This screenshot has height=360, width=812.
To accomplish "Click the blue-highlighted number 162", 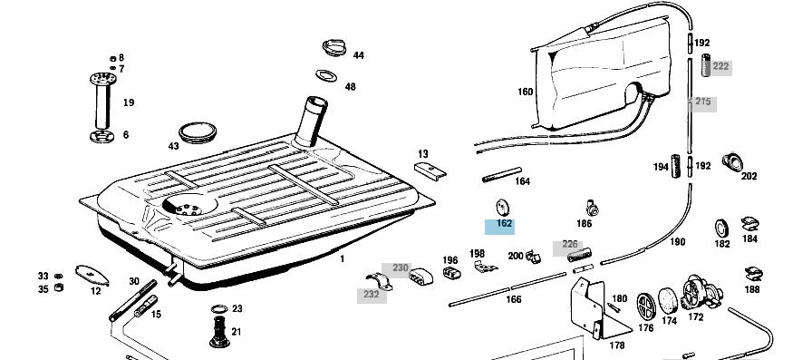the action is pyautogui.click(x=504, y=224).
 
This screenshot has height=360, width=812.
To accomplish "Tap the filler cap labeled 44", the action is pyautogui.click(x=335, y=48).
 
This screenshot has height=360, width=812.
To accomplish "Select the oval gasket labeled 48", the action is pyautogui.click(x=326, y=75).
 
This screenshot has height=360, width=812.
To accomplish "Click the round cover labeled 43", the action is pyautogui.click(x=198, y=132).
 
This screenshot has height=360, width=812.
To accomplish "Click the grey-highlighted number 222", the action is pyautogui.click(x=720, y=66).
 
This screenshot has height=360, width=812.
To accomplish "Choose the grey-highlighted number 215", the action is pyautogui.click(x=702, y=102).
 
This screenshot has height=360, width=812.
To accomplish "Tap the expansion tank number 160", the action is pyautogui.click(x=525, y=92).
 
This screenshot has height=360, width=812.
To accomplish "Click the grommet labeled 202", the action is pyautogui.click(x=732, y=162).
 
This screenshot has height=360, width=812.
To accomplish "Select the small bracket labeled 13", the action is pyautogui.click(x=430, y=170).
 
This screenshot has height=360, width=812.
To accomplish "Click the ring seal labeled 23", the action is pyautogui.click(x=219, y=309).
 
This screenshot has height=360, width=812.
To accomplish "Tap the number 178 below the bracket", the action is pyautogui.click(x=617, y=345).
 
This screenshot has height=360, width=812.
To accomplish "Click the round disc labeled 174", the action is pyautogui.click(x=668, y=301).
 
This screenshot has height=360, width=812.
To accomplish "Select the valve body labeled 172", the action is pyautogui.click(x=701, y=293).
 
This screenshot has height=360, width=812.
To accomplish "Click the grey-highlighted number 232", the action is pyautogui.click(x=372, y=295).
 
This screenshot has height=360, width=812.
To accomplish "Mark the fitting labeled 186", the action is pyautogui.click(x=592, y=208).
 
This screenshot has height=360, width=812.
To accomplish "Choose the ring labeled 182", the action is pyautogui.click(x=721, y=228).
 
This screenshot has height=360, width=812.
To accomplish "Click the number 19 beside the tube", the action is pyautogui.click(x=129, y=102).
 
